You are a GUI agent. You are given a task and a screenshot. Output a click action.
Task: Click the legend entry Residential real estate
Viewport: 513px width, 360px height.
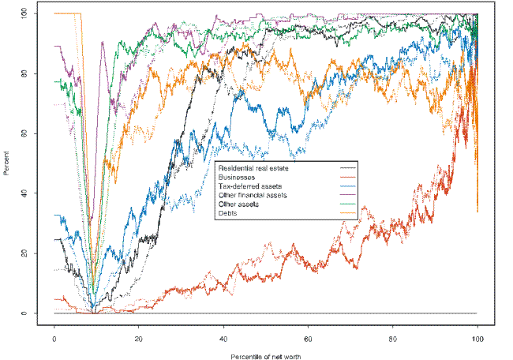tap(253, 168)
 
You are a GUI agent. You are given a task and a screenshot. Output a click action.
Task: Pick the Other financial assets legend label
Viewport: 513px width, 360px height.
tap(253, 194)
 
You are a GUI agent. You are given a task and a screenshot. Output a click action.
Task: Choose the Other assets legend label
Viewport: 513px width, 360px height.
tap(238, 203)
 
